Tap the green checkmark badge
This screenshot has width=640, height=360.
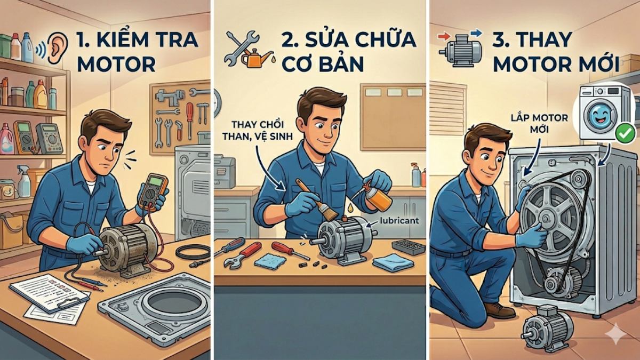pos(623,133)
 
